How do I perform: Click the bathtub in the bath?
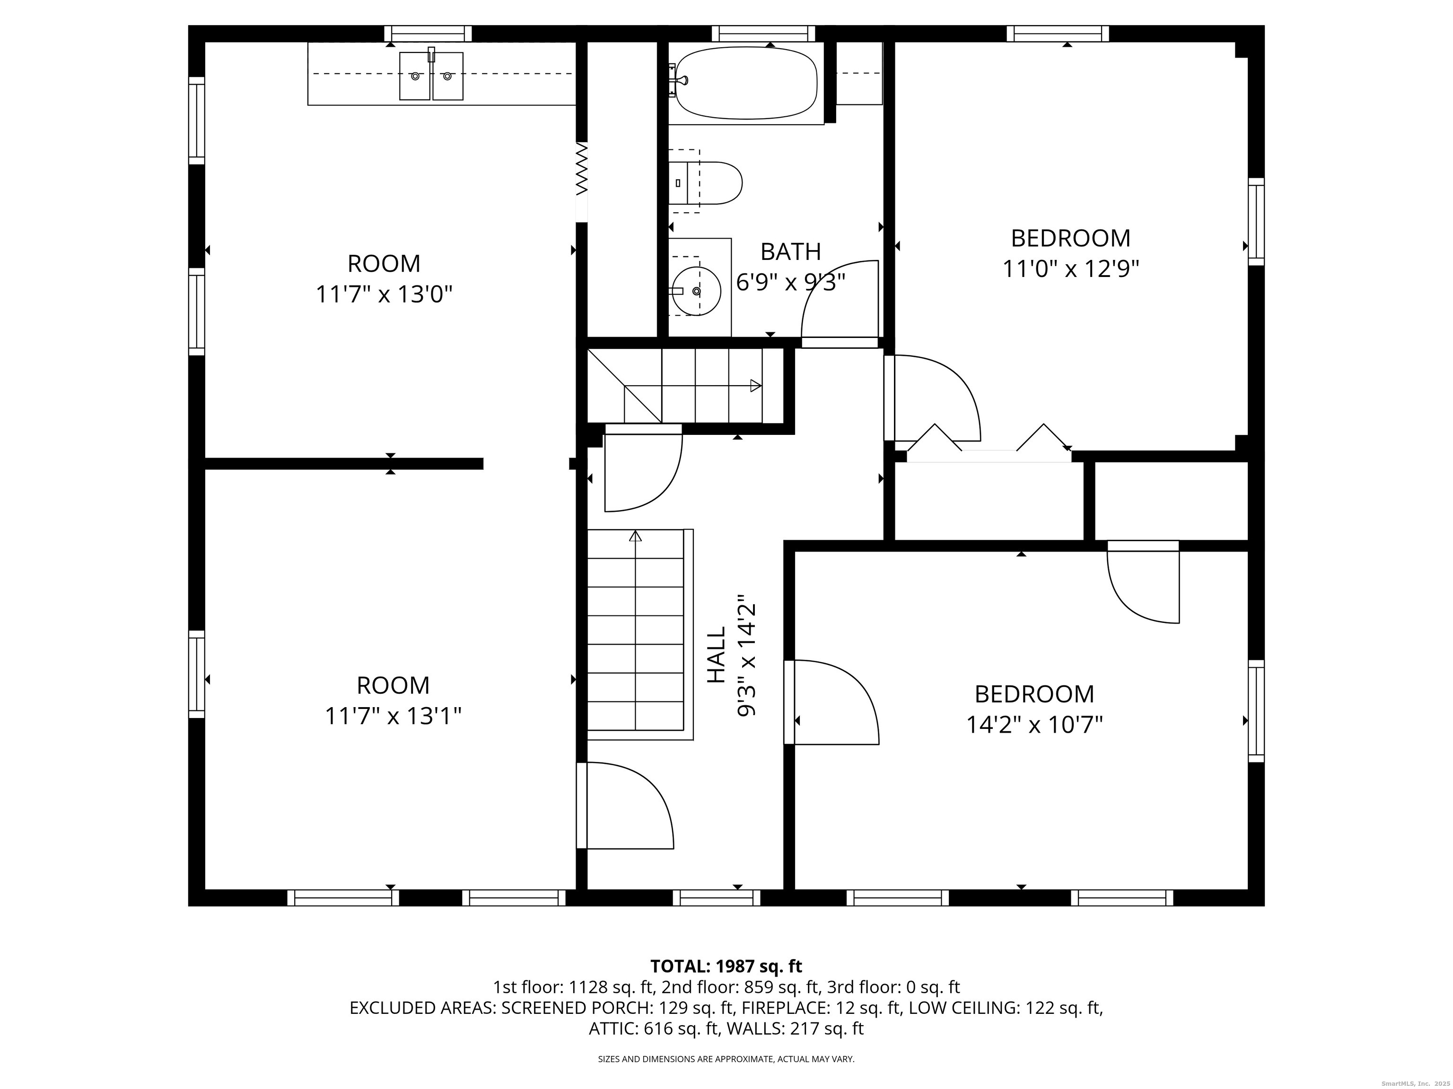[x=746, y=83]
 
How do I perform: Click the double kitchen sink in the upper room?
[x=431, y=76]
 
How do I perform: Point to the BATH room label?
[x=790, y=251]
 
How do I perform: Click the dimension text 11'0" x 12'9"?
[x=1070, y=269]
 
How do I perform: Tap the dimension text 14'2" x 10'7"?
[x=1034, y=725]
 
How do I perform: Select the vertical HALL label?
[x=717, y=655]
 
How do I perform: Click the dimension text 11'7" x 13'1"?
[x=393, y=716]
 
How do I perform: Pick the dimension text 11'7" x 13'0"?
[x=384, y=294]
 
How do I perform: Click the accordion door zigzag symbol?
[x=581, y=169]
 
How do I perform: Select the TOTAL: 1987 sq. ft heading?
[x=726, y=966]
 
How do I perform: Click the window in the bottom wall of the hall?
[x=716, y=897]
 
